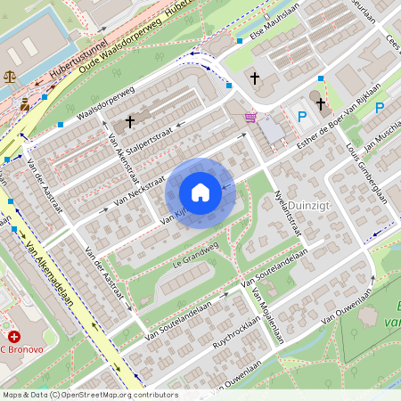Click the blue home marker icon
point(200,192)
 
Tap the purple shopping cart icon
point(251,117)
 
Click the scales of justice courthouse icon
point(10,77)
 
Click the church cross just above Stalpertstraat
point(130,120)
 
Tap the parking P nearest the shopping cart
point(301,115)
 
